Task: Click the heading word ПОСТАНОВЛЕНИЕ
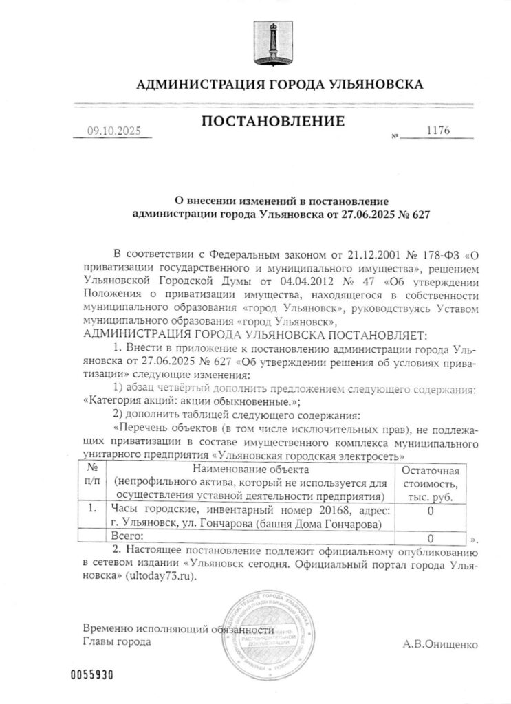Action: coord(272,124)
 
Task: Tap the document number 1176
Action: coord(437,131)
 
